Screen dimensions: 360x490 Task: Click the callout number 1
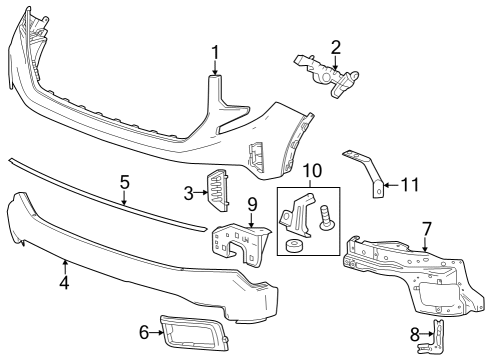tap(215, 52)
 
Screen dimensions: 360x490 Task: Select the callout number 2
tap(336, 46)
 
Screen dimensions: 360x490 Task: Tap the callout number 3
tap(187, 192)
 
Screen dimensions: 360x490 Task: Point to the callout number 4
tap(64, 282)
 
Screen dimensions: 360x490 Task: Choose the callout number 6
tap(144, 332)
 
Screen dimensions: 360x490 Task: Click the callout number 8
tap(415, 334)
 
